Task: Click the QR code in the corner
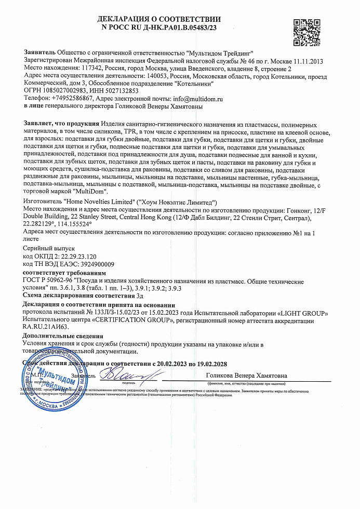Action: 308,33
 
